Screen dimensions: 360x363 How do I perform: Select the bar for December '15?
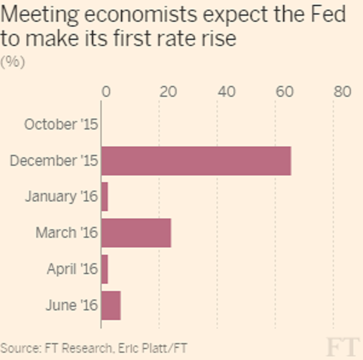[196, 161]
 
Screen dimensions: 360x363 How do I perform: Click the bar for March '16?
[136, 233]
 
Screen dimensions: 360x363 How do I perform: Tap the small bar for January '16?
[105, 197]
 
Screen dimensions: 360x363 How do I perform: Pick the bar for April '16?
[105, 269]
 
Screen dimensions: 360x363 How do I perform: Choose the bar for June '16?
[111, 306]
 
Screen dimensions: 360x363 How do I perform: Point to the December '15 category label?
[53, 161]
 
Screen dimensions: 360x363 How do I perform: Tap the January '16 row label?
[60, 197]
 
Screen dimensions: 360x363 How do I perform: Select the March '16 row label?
[66, 233]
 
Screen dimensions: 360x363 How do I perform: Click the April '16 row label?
[71, 269]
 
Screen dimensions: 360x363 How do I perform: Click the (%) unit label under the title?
[12, 62]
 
